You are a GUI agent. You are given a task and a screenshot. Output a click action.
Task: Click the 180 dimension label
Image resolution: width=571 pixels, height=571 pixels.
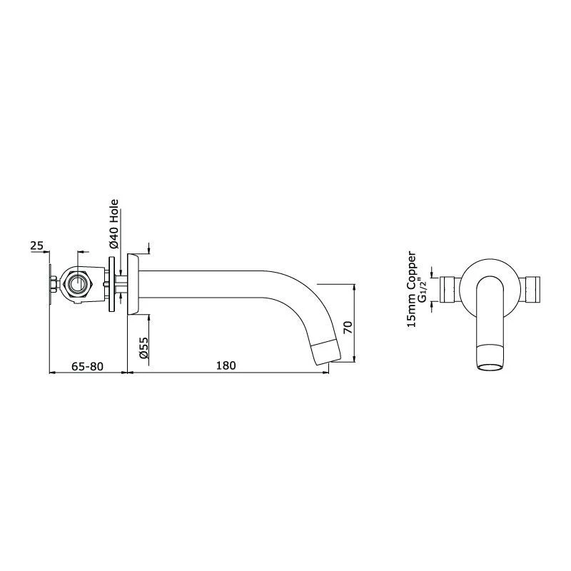tap(226, 365)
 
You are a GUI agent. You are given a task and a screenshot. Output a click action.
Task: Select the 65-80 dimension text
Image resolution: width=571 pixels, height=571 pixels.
tap(87, 366)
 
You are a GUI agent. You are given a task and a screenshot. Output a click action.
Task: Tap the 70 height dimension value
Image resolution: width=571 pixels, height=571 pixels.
tap(348, 328)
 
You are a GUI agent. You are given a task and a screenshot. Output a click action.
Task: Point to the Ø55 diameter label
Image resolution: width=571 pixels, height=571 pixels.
tap(144, 348)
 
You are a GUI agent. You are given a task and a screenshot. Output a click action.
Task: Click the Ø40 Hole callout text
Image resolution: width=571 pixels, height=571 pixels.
tap(114, 224)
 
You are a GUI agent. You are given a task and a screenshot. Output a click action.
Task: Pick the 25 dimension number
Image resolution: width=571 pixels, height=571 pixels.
tap(36, 246)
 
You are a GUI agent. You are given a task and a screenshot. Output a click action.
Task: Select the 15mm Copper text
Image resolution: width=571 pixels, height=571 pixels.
tap(412, 289)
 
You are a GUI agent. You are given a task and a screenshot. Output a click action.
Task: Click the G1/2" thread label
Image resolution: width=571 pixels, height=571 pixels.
tap(422, 290)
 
